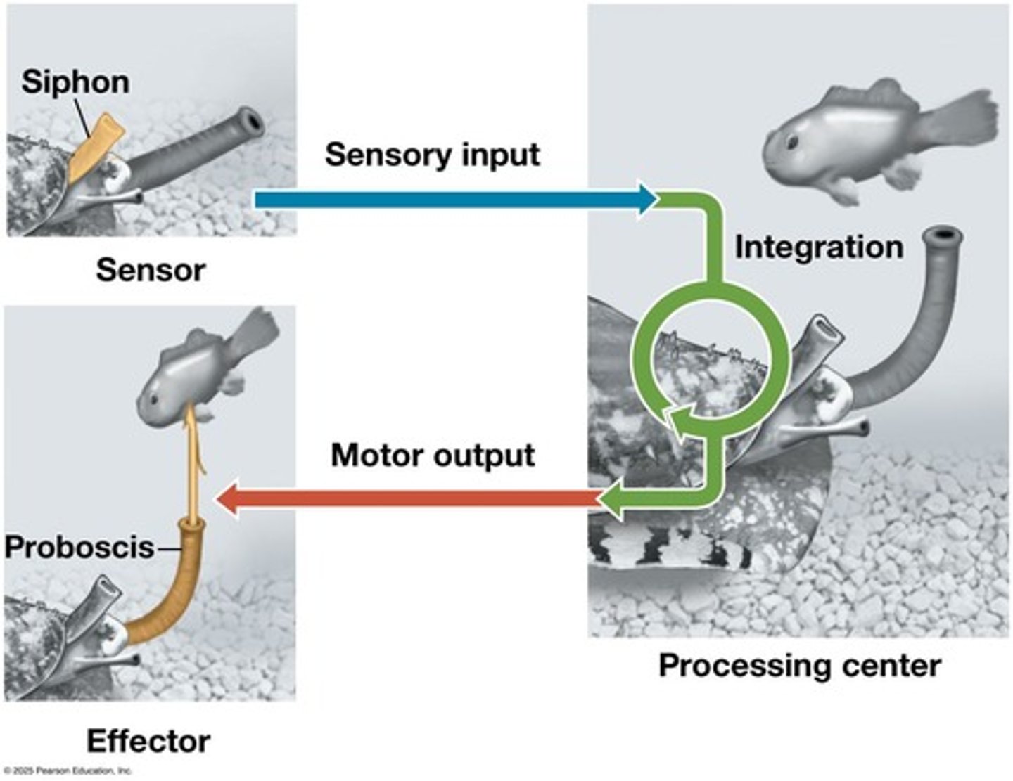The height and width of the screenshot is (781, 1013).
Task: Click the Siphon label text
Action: tap(75, 82)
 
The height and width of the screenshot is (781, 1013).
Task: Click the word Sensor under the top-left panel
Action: tap(151, 270)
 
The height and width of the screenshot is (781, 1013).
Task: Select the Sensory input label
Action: tap(432, 155)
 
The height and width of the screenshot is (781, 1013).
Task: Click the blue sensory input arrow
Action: tap(450, 200)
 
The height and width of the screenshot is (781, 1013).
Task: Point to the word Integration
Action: tap(819, 247)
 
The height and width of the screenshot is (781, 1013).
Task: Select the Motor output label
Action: tap(433, 456)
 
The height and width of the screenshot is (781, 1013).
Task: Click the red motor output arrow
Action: tap(408, 500)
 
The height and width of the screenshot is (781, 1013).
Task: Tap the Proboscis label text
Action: tap(79, 547)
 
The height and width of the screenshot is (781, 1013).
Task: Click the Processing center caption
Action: tap(799, 665)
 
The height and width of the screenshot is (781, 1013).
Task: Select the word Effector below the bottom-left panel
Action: tap(148, 742)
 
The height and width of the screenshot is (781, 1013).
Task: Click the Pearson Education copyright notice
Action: tap(68, 770)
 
